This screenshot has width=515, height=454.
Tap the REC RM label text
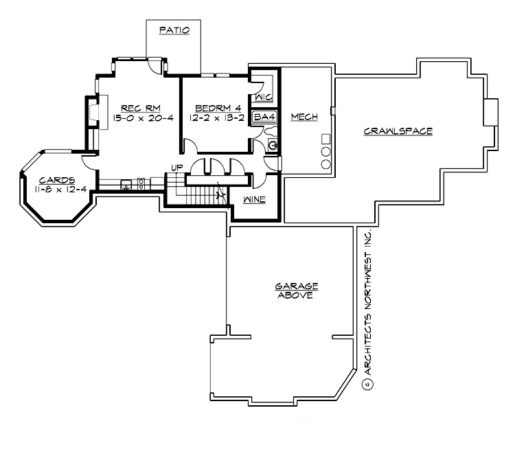tap(136, 108)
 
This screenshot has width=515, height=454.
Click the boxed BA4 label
tap(264, 117)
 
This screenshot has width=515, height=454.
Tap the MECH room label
tap(304, 117)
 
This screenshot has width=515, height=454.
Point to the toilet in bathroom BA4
tap(272, 145)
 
